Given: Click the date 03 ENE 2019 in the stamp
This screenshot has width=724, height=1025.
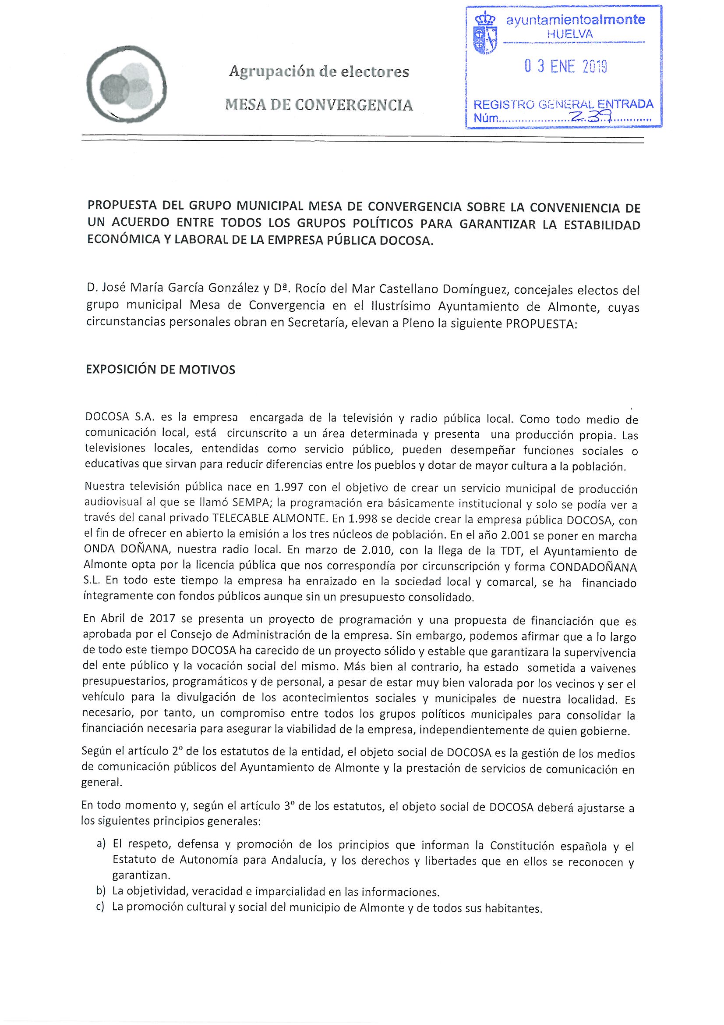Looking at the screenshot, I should (x=565, y=67).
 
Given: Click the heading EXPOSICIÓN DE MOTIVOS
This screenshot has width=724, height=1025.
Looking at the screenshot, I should (x=160, y=370).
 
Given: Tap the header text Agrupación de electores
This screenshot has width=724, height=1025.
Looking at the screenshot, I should (x=319, y=71).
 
